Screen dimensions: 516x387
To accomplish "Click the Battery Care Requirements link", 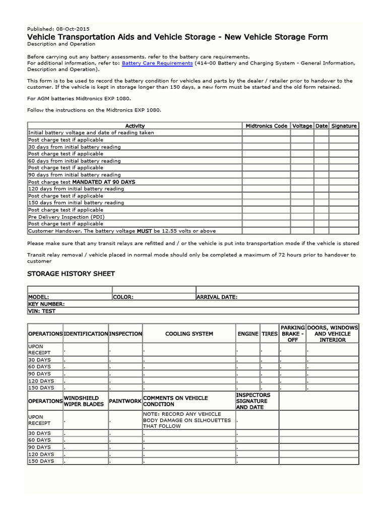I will coord(157,63).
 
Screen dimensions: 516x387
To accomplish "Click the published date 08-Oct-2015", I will coord(74,28).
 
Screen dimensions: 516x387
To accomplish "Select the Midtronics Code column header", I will coord(266,126).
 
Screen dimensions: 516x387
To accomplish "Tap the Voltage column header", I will coord(302,126).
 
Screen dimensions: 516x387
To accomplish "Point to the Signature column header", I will coord(344,126).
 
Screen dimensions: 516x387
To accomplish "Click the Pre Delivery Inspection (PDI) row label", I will coord(67,217).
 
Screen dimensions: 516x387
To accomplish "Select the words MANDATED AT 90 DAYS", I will coord(104,182).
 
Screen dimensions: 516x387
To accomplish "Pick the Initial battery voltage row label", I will coord(91,133).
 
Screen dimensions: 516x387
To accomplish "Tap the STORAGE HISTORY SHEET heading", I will coord(71,274).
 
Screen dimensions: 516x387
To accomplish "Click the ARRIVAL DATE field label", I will coord(217,297).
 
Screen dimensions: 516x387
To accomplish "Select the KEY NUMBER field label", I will coord(46,304).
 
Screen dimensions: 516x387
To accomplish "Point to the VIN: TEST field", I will coord(42,311).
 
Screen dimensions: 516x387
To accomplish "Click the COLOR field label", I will coord(123,297).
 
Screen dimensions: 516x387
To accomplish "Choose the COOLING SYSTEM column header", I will coord(189,334).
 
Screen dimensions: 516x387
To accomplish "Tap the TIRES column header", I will coord(270,334).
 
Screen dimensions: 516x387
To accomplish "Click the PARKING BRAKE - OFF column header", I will coord(292,334).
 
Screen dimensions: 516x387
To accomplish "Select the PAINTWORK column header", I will coord(125,401).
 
